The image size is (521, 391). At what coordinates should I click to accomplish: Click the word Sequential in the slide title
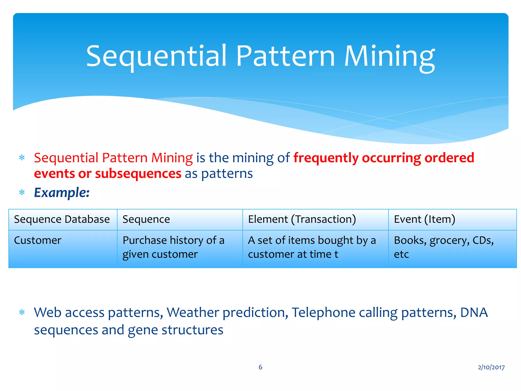pos(156,57)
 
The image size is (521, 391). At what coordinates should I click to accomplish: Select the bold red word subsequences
pos(138,174)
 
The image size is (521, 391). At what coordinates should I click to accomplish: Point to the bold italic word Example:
pos(62,193)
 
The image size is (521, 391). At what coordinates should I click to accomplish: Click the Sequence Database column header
pos(62,219)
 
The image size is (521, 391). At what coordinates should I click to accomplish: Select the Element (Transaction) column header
pos(302,219)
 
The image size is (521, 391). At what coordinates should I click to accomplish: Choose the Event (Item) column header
pos(424,219)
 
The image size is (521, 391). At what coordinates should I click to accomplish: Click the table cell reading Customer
pos(38,241)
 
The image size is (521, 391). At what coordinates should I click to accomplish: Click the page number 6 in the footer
pos(260,367)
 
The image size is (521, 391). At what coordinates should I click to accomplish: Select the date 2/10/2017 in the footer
pos(491,367)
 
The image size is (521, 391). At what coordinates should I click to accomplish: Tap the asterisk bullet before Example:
pos(22,193)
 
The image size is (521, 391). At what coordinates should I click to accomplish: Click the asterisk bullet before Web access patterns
pos(22,312)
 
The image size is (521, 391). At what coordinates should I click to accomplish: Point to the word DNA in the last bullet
pos(474,313)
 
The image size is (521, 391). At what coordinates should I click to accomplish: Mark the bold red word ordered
pos(449,158)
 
